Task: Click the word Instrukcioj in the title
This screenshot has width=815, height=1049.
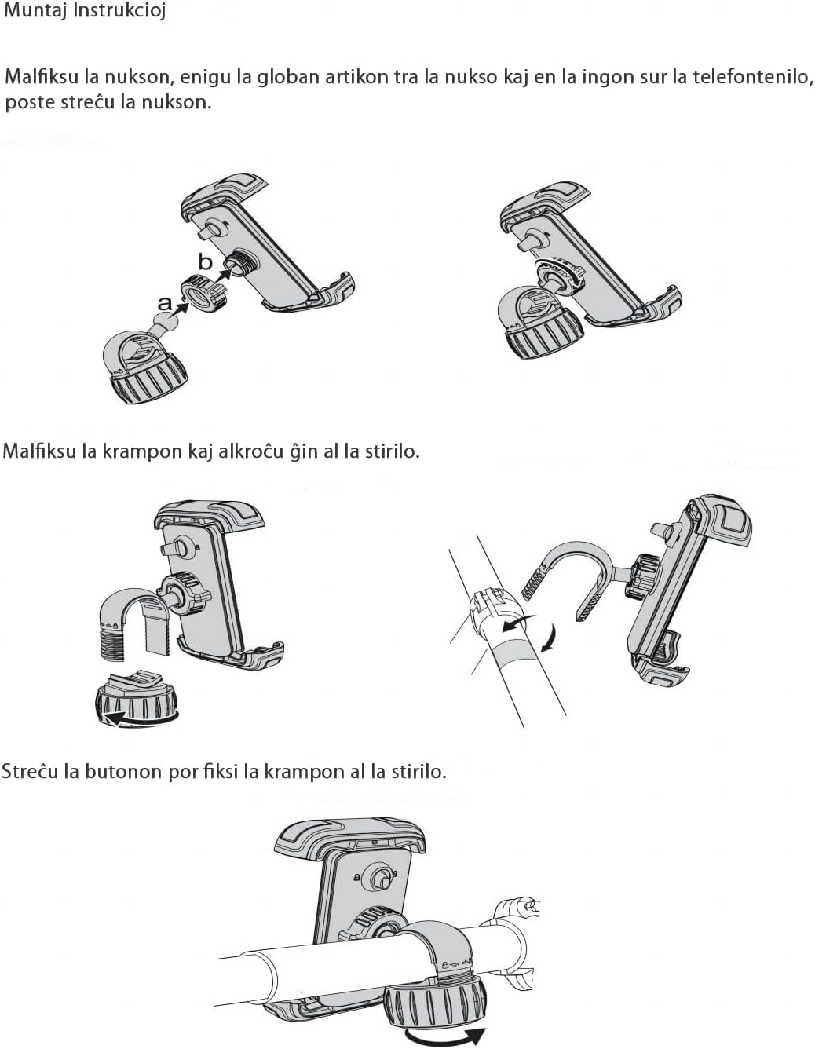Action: tap(119, 11)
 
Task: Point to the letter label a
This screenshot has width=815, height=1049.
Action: tap(165, 304)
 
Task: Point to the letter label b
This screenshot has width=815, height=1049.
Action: tap(206, 261)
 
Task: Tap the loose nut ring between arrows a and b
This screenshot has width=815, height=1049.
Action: tap(203, 294)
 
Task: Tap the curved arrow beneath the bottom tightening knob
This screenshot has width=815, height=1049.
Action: tap(444, 1032)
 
